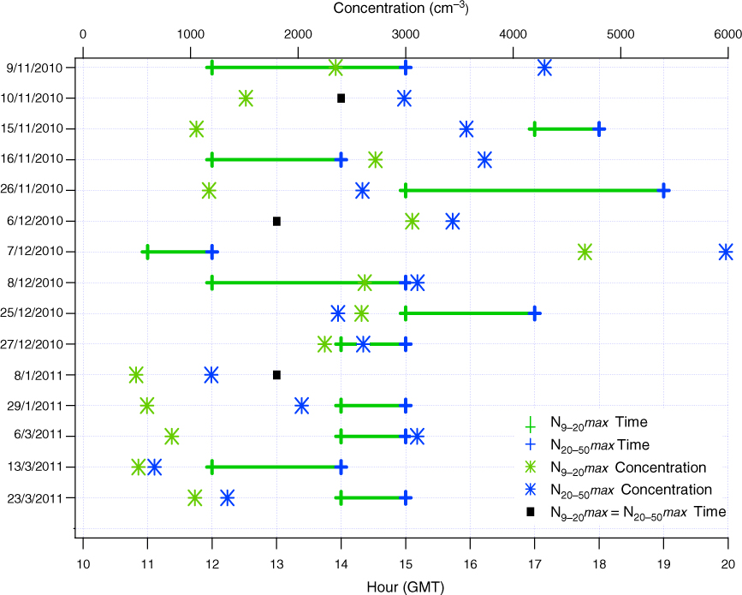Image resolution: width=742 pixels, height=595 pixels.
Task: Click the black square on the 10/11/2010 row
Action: (x=341, y=98)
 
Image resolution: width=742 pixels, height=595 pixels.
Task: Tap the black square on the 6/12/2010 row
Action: (x=276, y=221)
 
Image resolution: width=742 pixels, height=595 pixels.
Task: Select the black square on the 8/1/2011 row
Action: (x=276, y=375)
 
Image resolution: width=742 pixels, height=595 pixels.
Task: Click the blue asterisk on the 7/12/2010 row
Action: (x=726, y=252)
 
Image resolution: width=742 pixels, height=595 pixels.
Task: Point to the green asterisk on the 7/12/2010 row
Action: (x=585, y=252)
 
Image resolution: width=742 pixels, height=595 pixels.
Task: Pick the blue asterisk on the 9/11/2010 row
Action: (x=544, y=68)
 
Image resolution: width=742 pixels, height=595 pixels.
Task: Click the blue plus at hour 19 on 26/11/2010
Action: (x=664, y=190)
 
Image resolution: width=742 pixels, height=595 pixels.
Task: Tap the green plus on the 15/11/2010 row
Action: (x=534, y=128)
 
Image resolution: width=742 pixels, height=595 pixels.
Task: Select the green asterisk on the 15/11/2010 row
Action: (x=196, y=128)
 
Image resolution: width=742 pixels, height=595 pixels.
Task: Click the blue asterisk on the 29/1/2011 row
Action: (x=301, y=406)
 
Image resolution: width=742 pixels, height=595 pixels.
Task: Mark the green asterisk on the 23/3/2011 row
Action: (x=195, y=498)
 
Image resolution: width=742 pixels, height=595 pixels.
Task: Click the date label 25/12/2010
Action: (x=32, y=312)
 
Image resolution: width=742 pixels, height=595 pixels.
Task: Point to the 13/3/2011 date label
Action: (x=35, y=467)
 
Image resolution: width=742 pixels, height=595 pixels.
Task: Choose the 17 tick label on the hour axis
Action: (x=535, y=564)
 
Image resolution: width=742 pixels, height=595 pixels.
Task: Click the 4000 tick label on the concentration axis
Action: (x=513, y=34)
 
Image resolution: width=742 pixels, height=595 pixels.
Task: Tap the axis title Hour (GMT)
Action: (x=406, y=587)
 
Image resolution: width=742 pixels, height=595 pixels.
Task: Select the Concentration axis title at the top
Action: (x=401, y=8)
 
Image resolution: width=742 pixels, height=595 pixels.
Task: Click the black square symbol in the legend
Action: (x=531, y=512)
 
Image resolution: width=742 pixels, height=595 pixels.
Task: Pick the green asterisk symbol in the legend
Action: (x=531, y=467)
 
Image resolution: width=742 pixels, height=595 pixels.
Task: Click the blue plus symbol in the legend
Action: (x=531, y=445)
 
